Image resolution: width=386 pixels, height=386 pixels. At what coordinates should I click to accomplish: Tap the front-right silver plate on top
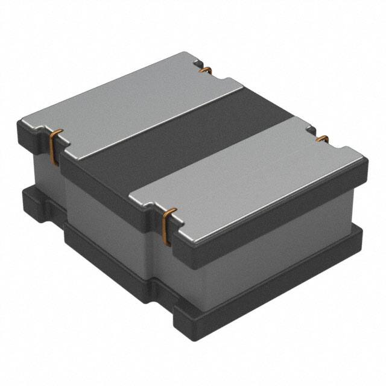(247, 175)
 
